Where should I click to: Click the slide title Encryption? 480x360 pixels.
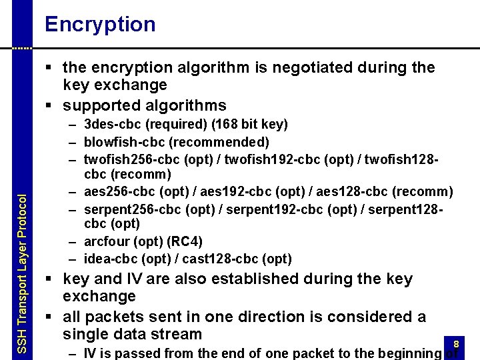100,25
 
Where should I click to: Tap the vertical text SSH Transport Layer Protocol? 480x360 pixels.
21,273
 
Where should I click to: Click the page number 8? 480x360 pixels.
456,344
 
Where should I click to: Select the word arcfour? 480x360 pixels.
105,241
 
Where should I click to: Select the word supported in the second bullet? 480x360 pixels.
98,105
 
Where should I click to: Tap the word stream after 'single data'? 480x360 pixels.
177,334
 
